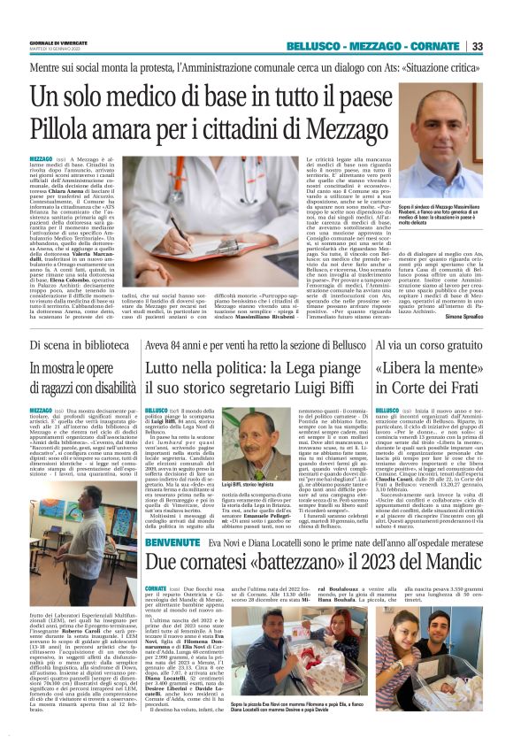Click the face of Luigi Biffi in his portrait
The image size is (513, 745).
pyautogui.click(x=245, y=434)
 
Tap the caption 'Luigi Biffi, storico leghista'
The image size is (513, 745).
pyautogui.click(x=248, y=485)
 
